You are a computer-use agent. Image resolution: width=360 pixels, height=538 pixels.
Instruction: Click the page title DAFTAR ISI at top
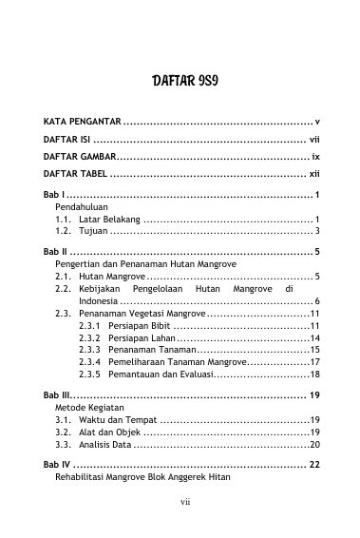click(x=180, y=81)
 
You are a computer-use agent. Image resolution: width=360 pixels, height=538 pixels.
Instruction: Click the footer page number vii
click(x=180, y=522)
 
